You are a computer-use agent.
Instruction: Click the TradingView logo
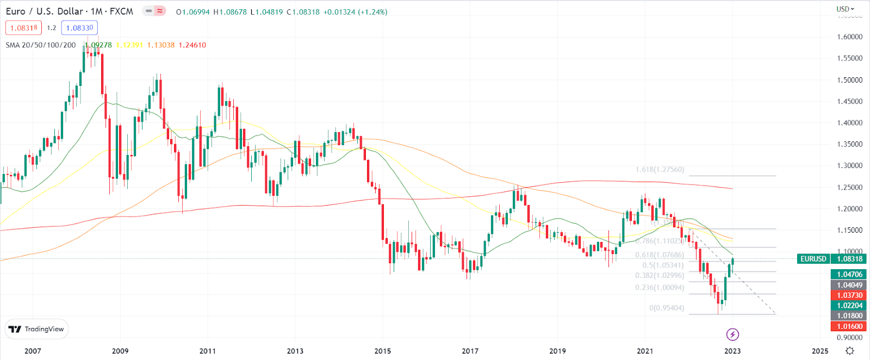pyautogui.click(x=36, y=329)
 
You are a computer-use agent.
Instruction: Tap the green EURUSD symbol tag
pyautogui.click(x=813, y=259)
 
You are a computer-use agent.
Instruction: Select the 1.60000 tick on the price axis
pyautogui.click(x=849, y=37)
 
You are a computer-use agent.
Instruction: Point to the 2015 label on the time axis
pyautogui.click(x=382, y=351)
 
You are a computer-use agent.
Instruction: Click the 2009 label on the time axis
pyautogui.click(x=120, y=351)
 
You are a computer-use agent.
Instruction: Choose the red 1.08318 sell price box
pyautogui.click(x=23, y=28)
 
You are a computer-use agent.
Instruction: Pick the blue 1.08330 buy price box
pyautogui.click(x=79, y=28)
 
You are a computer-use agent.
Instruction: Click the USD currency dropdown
pyautogui.click(x=845, y=9)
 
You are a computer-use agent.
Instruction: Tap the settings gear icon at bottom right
pyautogui.click(x=850, y=351)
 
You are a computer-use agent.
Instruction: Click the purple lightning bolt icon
pyautogui.click(x=732, y=334)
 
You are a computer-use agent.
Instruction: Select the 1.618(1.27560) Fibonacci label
pyautogui.click(x=660, y=170)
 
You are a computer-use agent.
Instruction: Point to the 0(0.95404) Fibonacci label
pyautogui.click(x=667, y=308)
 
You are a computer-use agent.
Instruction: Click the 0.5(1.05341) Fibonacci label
pyautogui.click(x=663, y=265)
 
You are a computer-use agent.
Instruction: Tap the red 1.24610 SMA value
pyautogui.click(x=192, y=45)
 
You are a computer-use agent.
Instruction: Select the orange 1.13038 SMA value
pyautogui.click(x=161, y=45)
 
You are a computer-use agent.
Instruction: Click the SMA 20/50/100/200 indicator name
pyautogui.click(x=41, y=45)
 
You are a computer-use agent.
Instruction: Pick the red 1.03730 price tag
pyautogui.click(x=849, y=295)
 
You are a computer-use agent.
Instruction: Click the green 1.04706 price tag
pyautogui.click(x=849, y=275)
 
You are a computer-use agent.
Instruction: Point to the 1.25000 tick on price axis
pyautogui.click(x=849, y=188)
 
